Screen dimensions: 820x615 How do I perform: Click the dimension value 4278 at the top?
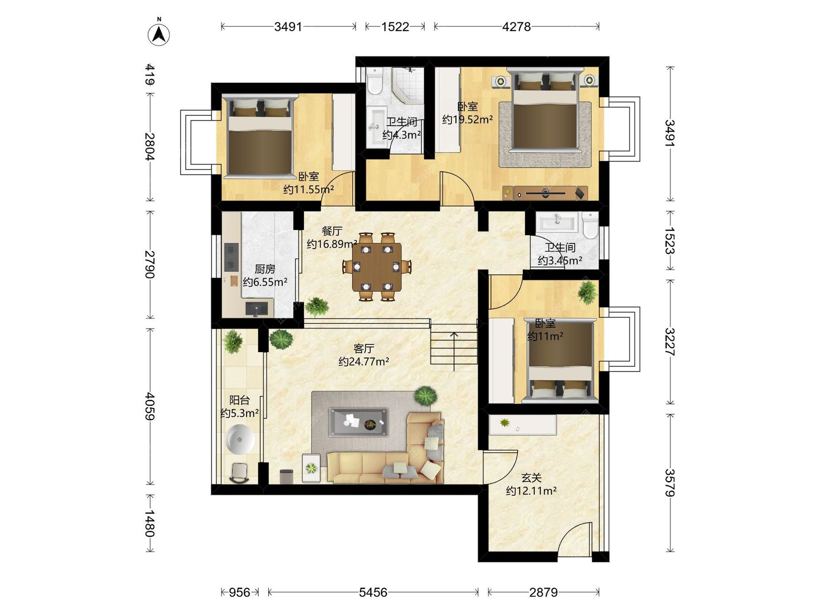(516, 27)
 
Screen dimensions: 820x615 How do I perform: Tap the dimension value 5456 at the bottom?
(373, 592)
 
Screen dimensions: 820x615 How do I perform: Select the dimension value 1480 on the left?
(149, 523)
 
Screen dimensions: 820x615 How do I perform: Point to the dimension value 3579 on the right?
(670, 483)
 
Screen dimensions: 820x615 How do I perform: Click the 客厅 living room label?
(364, 348)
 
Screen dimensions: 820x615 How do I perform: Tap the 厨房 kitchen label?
(265, 269)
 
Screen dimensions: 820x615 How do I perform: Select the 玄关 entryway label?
(531, 477)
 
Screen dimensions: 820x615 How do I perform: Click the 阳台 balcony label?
(239, 400)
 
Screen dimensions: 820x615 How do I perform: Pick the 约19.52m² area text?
(467, 119)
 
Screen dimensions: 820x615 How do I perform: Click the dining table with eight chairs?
(377, 267)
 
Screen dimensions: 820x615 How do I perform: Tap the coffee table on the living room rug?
(358, 422)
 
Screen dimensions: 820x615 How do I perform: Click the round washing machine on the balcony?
(240, 439)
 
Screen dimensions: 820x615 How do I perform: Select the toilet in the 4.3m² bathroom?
(375, 81)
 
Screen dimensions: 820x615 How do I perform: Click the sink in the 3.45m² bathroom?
(557, 223)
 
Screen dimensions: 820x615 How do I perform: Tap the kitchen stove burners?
(231, 257)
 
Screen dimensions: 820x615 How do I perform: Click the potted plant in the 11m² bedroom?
(587, 292)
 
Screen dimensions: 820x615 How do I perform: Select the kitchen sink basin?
(256, 308)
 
